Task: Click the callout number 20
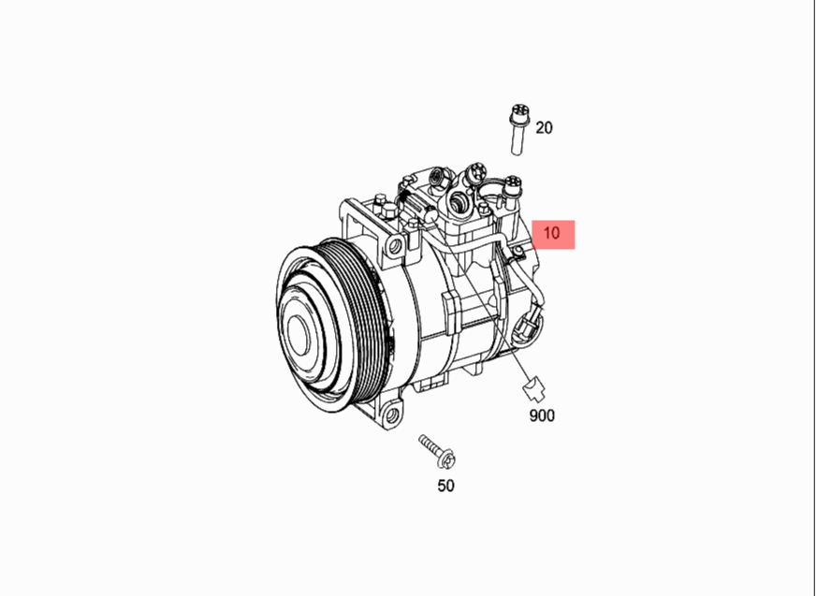click(x=544, y=127)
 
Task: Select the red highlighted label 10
click(x=552, y=233)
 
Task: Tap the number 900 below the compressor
click(x=541, y=414)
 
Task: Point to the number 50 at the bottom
click(x=446, y=486)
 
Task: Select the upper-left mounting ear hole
click(x=396, y=245)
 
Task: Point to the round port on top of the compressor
click(x=459, y=201)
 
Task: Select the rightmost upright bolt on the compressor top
click(x=513, y=191)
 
